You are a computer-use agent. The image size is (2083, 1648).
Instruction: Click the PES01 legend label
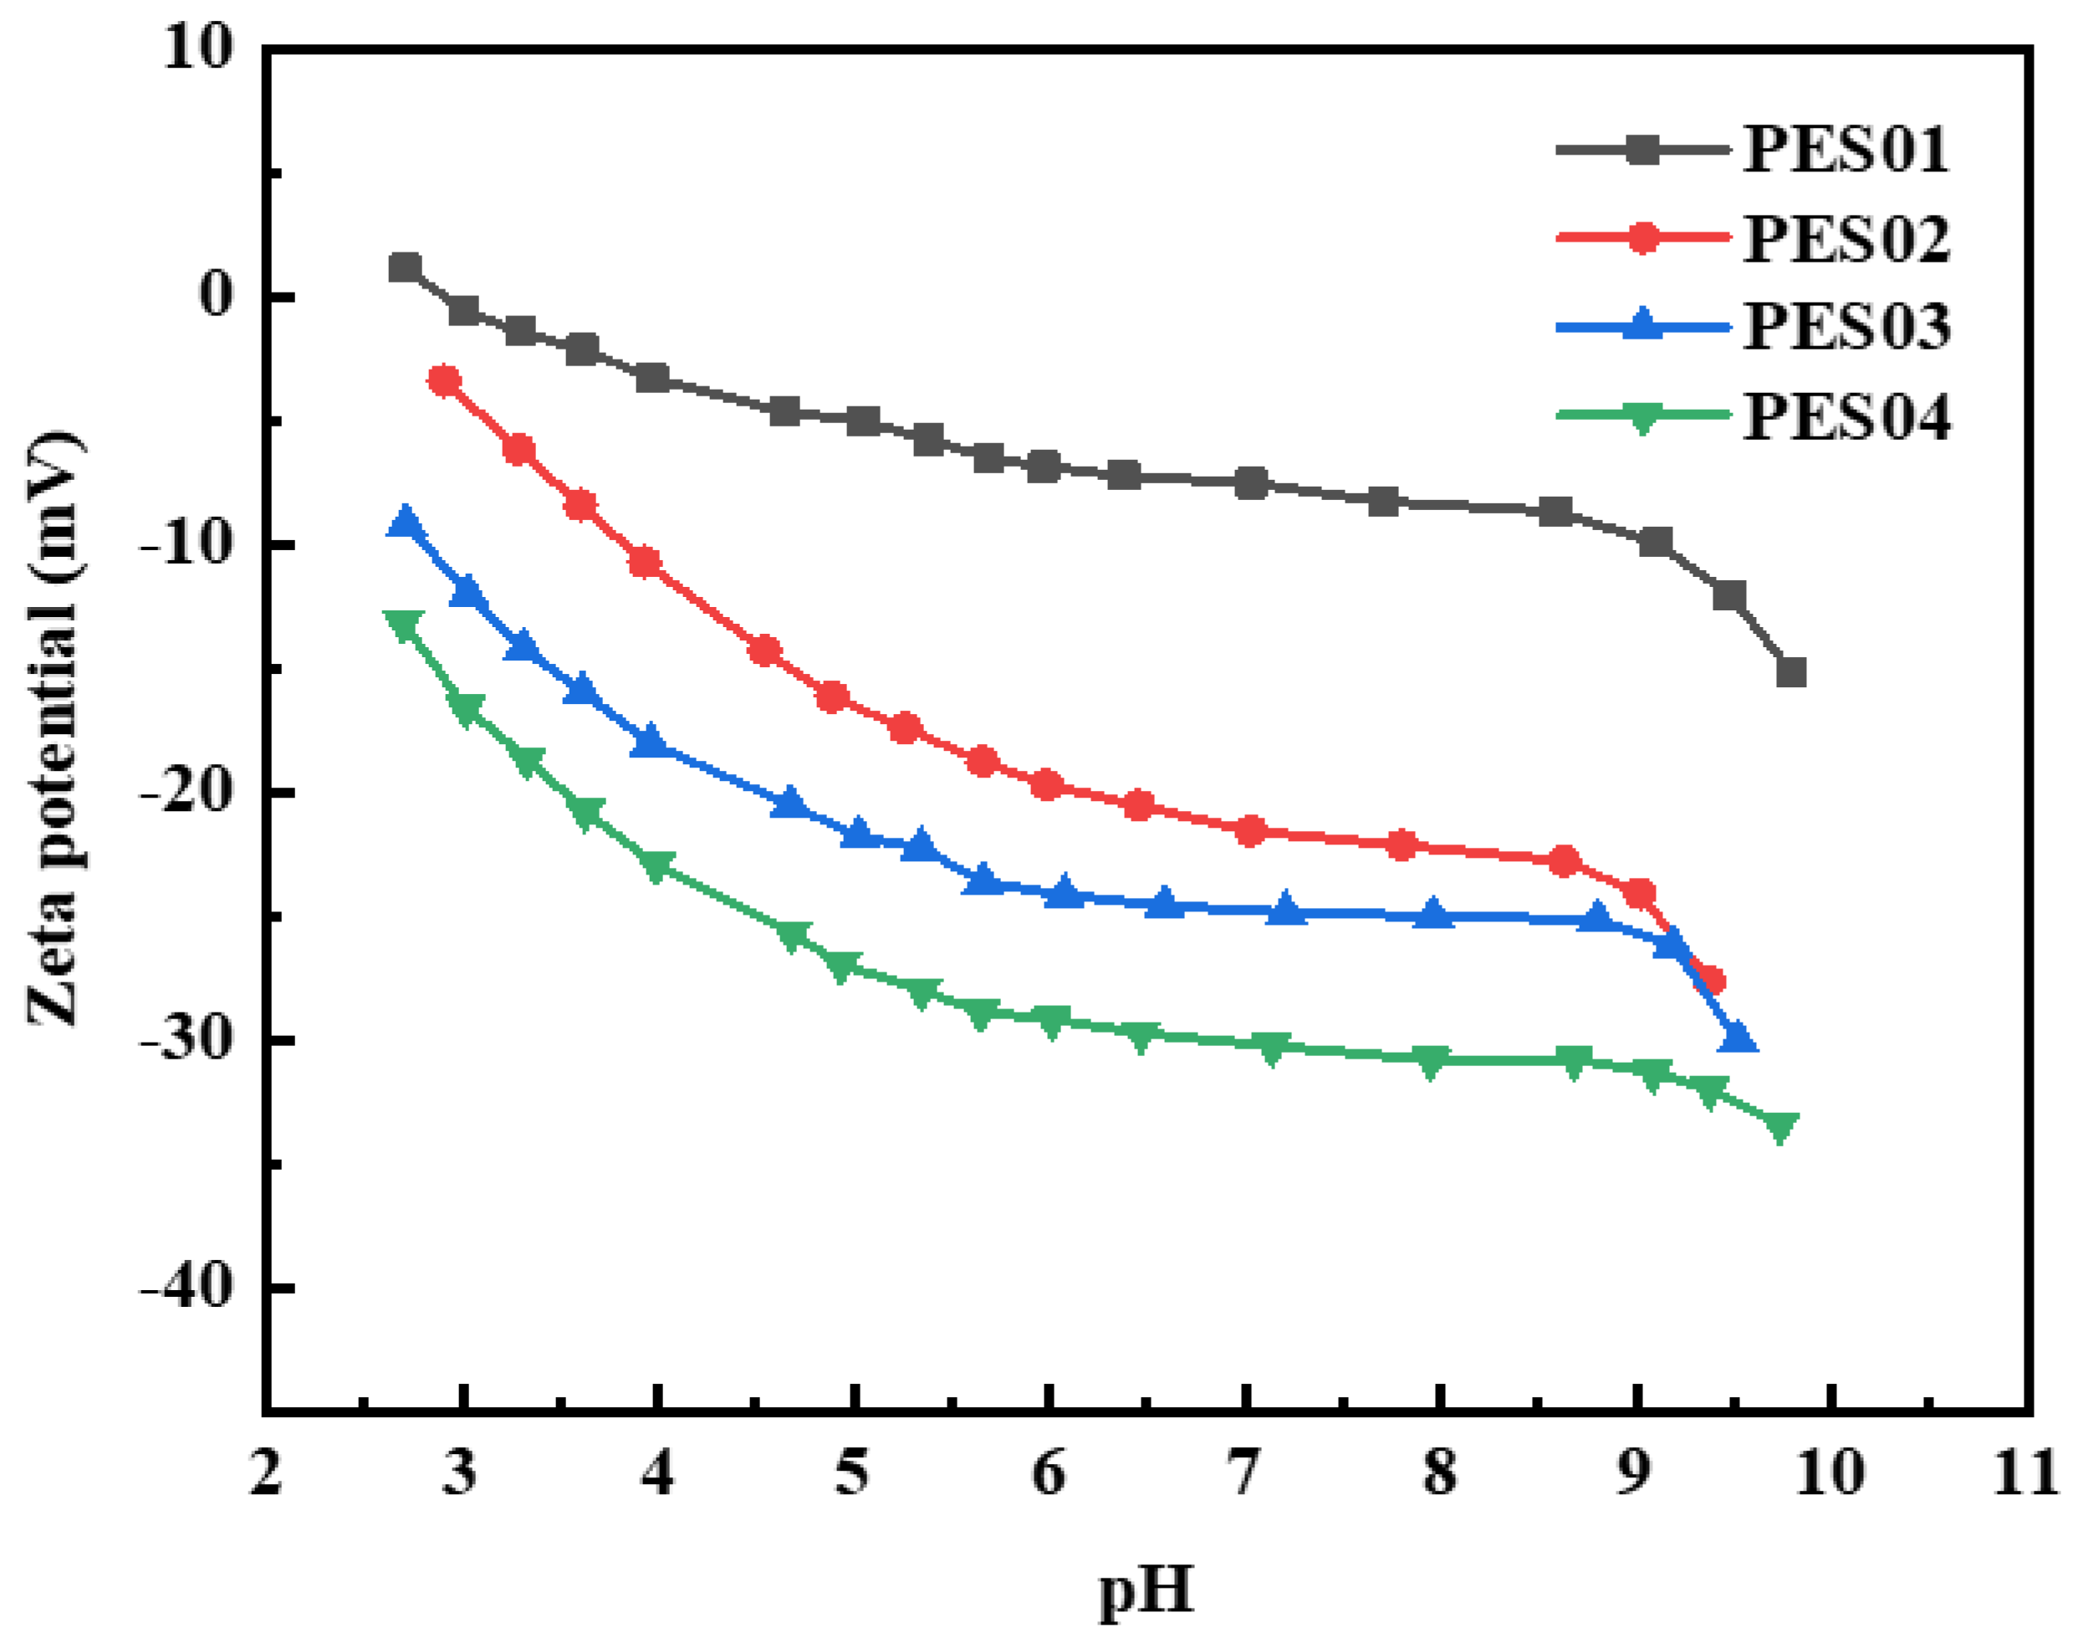tap(1844, 151)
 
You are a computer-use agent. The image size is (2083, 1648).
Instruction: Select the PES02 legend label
tap(1845, 239)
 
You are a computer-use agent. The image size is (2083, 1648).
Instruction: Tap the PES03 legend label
tap(1845, 327)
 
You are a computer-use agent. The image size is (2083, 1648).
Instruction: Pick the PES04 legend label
tap(1845, 417)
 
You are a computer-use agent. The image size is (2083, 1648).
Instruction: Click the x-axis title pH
tap(1146, 1590)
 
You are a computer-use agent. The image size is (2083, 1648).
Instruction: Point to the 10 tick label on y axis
tap(198, 48)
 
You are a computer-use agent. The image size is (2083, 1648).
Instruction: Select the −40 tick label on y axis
tap(187, 1289)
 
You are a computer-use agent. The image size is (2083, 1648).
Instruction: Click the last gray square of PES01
tap(1790, 672)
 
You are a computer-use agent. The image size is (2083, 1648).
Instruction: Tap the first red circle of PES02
tap(444, 381)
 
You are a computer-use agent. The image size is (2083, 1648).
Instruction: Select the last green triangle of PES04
tap(1780, 1127)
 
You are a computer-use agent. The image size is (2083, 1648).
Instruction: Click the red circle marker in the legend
tap(1642, 237)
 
